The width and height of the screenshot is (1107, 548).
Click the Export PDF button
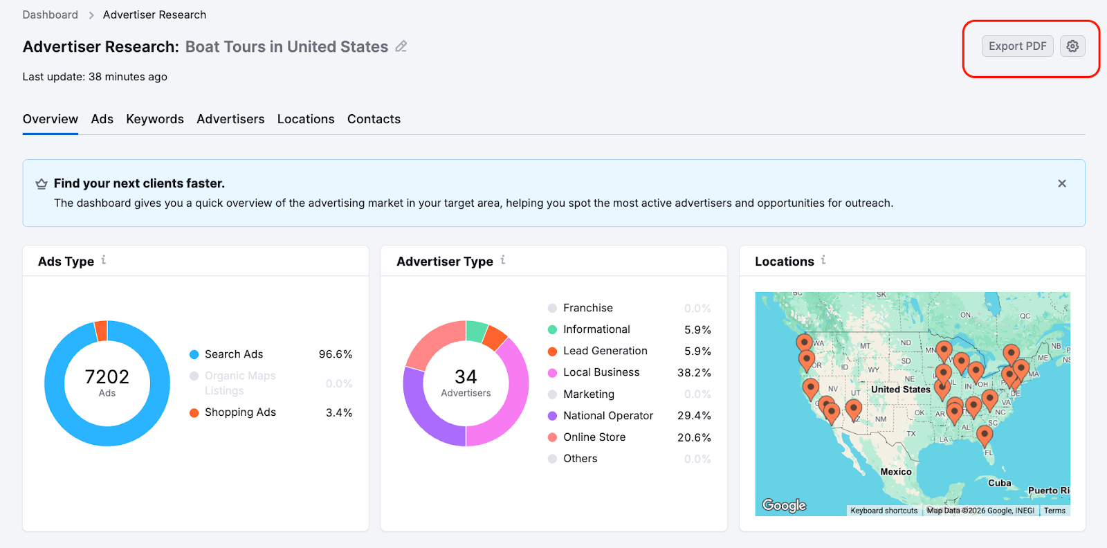pos(1017,46)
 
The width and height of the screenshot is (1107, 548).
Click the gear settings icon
pos(1072,46)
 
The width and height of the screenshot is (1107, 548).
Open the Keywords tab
pos(155,119)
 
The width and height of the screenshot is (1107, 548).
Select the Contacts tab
pos(374,119)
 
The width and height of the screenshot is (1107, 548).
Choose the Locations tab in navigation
pos(306,119)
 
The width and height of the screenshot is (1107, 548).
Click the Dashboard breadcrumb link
pos(51,15)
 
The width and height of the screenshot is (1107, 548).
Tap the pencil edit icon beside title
pos(401,46)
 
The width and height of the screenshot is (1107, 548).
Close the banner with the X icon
pos(1062,183)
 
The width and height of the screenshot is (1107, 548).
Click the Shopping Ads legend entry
pos(240,412)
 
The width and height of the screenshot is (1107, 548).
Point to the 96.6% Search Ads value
pos(336,354)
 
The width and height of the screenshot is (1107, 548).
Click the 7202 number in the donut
pos(107,376)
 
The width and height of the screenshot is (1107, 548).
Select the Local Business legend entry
pos(601,372)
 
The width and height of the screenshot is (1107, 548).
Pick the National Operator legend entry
pos(608,416)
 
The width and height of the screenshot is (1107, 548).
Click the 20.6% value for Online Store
pos(694,437)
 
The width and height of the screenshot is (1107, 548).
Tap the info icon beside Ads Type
pos(104,260)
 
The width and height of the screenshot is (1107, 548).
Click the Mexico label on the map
pos(896,472)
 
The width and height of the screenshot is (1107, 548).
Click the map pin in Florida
pos(985,435)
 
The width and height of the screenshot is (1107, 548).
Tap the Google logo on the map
pos(784,505)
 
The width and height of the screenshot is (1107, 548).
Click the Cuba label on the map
pos(999,483)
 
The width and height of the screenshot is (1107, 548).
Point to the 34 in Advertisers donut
pos(466,376)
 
